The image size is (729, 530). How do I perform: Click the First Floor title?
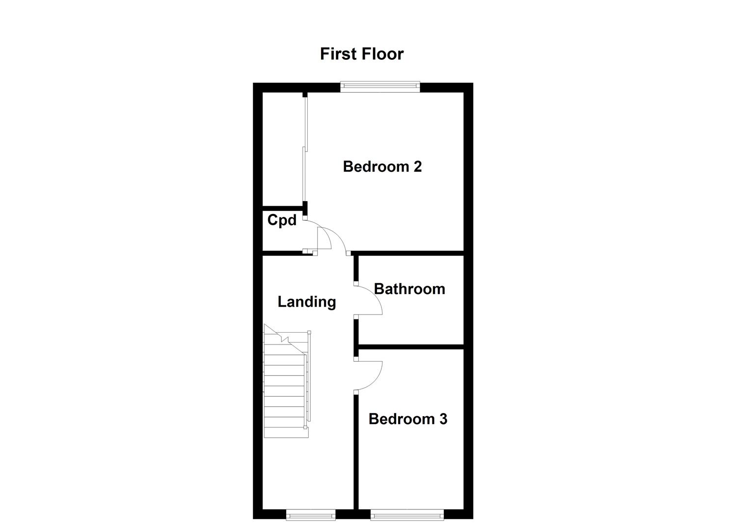pyautogui.click(x=361, y=53)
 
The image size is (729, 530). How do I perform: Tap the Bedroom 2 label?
pyautogui.click(x=382, y=167)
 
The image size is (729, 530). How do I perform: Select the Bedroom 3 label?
pyautogui.click(x=407, y=419)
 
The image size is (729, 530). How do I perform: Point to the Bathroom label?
pyautogui.click(x=409, y=289)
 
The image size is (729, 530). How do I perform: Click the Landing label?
pyautogui.click(x=307, y=302)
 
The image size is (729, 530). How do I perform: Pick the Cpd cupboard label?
pyautogui.click(x=282, y=220)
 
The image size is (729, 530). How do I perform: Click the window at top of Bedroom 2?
pyautogui.click(x=380, y=87)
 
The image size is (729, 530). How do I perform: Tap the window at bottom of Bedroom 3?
pyautogui.click(x=407, y=514)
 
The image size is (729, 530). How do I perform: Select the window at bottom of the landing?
pyautogui.click(x=311, y=514)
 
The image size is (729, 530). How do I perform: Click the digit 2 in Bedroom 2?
pyautogui.click(x=417, y=167)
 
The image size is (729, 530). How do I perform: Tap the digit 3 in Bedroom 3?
pyautogui.click(x=443, y=419)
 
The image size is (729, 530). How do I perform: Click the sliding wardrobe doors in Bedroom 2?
pyautogui.click(x=304, y=152)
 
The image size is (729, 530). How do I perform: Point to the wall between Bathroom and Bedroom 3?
pyautogui.click(x=411, y=346)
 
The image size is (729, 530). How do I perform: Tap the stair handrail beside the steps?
pyautogui.click(x=309, y=378)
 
